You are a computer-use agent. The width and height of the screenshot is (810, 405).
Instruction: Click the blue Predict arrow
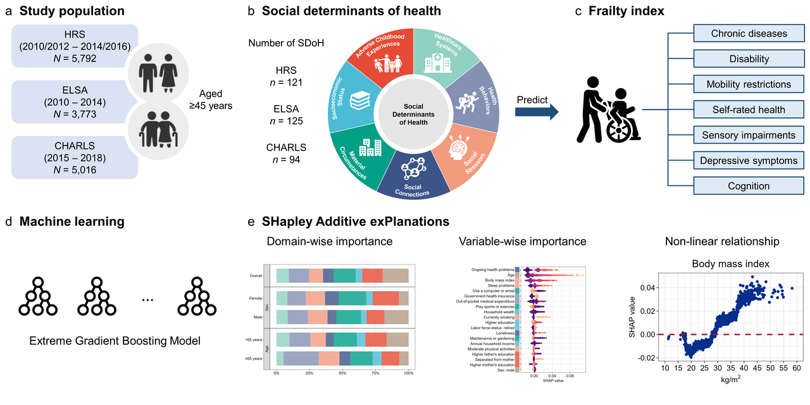(537, 113)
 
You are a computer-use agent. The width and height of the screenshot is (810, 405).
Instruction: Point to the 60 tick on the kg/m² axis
(796, 367)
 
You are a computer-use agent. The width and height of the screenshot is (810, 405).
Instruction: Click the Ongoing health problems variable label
(492, 270)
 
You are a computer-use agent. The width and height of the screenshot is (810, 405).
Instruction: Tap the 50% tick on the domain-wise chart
(342, 374)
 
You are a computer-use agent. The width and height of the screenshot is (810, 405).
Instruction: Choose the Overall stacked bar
(342, 275)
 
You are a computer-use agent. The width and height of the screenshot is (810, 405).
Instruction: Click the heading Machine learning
(72, 221)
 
